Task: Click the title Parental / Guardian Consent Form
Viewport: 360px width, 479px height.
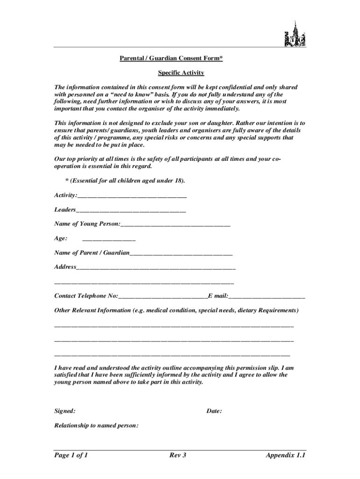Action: (170, 58)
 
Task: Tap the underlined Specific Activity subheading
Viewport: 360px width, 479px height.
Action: (180, 73)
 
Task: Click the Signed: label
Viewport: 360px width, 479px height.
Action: (65, 411)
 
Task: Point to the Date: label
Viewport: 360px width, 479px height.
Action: (214, 411)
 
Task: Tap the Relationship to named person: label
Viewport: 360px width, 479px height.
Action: (96, 426)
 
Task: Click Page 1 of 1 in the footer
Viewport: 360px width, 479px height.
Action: (72, 455)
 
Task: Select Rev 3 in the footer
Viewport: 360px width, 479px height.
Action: (178, 455)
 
